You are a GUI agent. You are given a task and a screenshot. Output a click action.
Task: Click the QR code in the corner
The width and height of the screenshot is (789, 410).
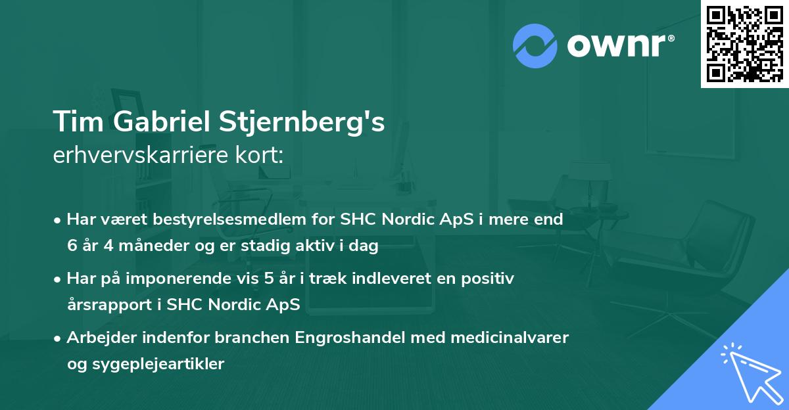pyautogui.click(x=744, y=43)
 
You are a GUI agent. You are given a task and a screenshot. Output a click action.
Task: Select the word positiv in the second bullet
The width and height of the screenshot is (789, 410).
pyautogui.click(x=491, y=279)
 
